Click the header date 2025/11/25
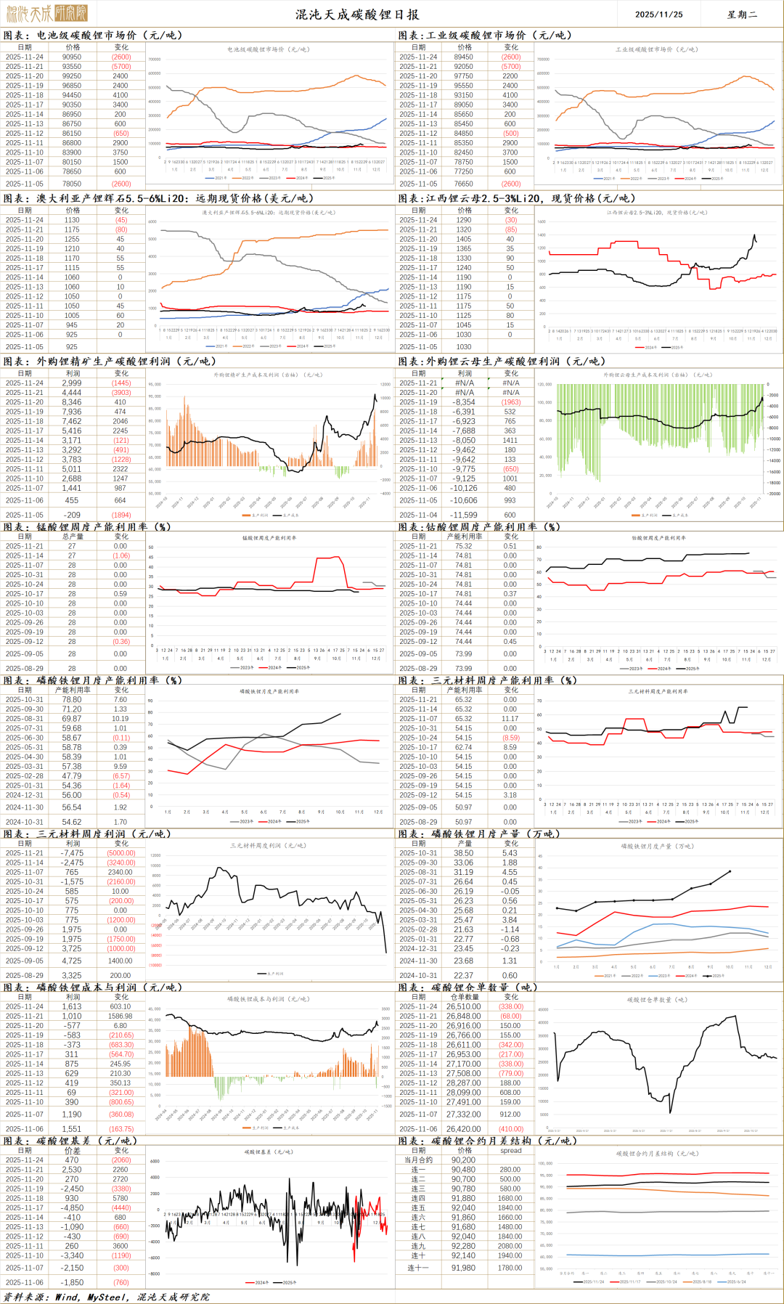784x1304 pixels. pos(658,14)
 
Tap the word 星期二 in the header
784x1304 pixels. pos(742,14)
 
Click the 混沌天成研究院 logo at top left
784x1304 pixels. pos(47,13)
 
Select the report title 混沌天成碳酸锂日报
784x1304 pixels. pos(356,14)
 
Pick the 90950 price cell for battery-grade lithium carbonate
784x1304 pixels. pos(72,57)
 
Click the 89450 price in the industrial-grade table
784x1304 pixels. pos(464,57)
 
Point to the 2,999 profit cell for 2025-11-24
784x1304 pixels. pos(72,383)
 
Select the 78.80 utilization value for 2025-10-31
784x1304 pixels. pos(72,699)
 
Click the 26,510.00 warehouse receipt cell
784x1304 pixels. pos(463,1006)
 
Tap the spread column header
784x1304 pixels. pos(510,1150)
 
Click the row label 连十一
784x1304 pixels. pos(418,1268)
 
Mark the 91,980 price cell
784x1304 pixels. pos(463,1268)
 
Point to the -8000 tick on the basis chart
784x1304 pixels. pos(155,1274)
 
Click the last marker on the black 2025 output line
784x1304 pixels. pos(730,871)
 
